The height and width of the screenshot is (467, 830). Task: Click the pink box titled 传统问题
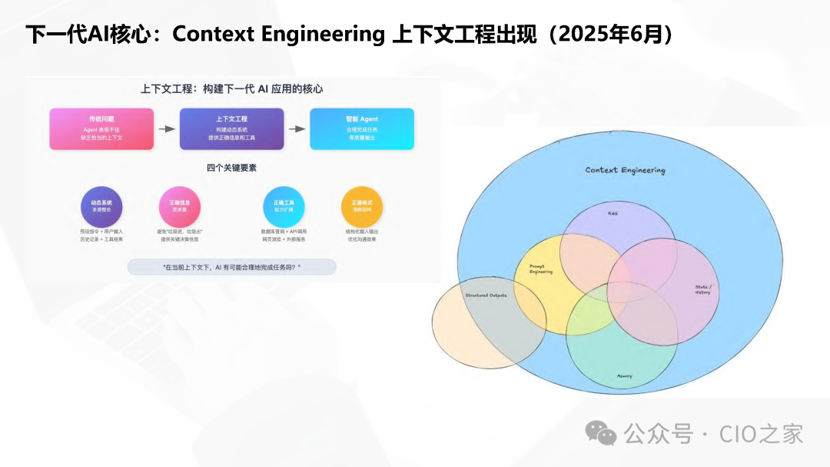[x=101, y=128]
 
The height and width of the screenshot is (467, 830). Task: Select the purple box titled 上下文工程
[x=231, y=128]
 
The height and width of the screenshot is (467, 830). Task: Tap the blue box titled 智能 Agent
[x=361, y=128]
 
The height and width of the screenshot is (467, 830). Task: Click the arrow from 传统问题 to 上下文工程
[x=167, y=129]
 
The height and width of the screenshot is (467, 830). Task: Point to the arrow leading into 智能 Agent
[x=297, y=129]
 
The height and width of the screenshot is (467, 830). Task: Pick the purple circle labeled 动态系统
[x=101, y=206]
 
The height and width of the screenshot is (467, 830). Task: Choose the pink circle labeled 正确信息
[x=179, y=206]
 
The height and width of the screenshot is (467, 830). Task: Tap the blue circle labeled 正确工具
[x=284, y=206]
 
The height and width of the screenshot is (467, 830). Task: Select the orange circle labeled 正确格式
[x=361, y=206]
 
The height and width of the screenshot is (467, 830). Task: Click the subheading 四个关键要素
[x=231, y=168]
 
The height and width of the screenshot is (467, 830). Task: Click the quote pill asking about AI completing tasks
[x=231, y=267]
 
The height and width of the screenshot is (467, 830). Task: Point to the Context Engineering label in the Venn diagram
[x=625, y=170]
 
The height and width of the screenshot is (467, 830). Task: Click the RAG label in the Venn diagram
[x=613, y=213]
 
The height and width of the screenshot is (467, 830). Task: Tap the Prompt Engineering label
[x=541, y=269]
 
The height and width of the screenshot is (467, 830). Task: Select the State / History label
[x=702, y=289]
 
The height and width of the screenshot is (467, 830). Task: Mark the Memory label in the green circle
[x=624, y=376]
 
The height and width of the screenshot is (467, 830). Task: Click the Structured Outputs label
[x=486, y=295]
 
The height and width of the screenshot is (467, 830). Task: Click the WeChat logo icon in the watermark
[x=601, y=433]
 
